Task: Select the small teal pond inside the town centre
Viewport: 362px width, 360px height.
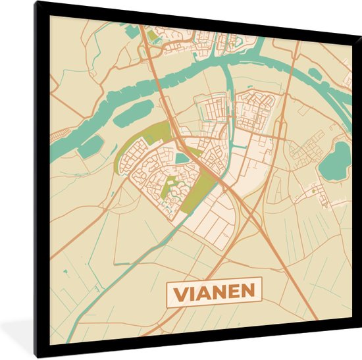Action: pos(181,158)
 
